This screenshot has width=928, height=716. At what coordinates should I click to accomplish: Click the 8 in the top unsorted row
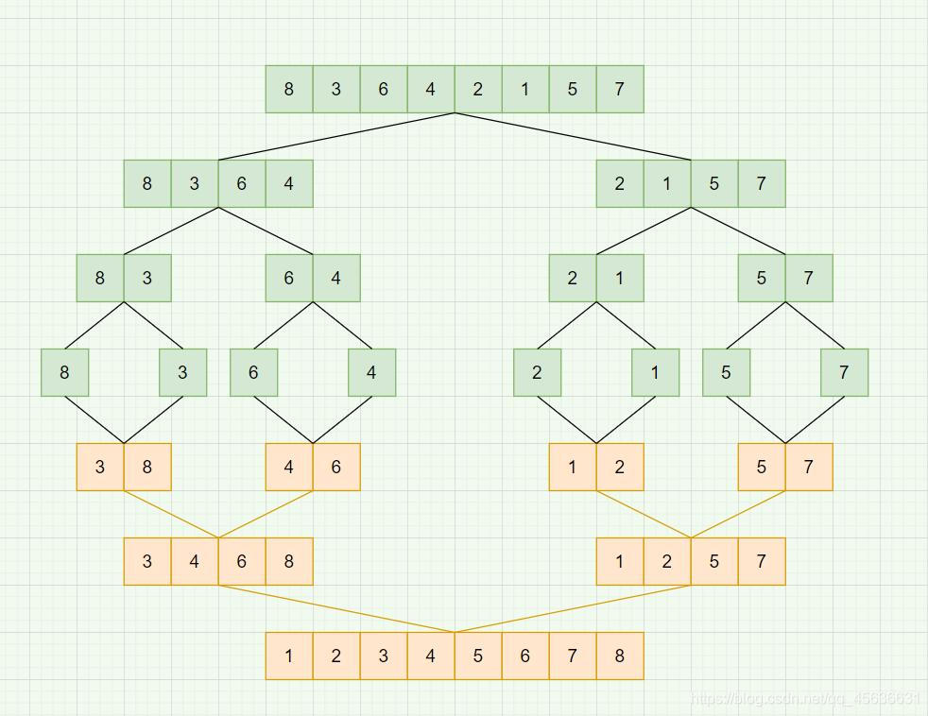289,89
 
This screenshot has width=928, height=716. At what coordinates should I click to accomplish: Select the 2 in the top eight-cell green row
478,89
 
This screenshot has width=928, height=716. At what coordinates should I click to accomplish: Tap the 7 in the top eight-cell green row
620,89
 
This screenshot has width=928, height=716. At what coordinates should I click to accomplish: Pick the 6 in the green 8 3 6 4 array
242,183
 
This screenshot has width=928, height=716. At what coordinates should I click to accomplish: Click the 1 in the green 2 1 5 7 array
667,183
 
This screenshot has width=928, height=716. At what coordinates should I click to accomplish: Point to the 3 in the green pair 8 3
147,278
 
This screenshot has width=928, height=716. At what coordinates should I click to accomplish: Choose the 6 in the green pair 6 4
289,278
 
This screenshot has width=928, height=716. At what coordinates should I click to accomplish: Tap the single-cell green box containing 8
64,372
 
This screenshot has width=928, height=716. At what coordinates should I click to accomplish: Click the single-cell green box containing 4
371,372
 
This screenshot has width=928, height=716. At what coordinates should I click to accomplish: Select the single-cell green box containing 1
655,372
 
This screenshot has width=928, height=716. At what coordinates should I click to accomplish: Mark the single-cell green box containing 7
844,372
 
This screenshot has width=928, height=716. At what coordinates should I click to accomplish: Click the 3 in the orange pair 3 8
100,467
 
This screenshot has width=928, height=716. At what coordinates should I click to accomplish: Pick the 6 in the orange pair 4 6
336,467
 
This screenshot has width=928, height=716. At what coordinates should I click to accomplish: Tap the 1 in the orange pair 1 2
573,467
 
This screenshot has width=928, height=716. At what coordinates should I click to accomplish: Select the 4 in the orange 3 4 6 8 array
195,561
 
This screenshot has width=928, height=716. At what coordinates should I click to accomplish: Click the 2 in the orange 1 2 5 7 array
667,561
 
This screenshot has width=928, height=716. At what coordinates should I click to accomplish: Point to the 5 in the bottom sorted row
478,656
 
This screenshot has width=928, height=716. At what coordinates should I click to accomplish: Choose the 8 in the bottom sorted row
620,656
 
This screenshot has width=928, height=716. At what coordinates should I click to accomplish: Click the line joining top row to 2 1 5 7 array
573,137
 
